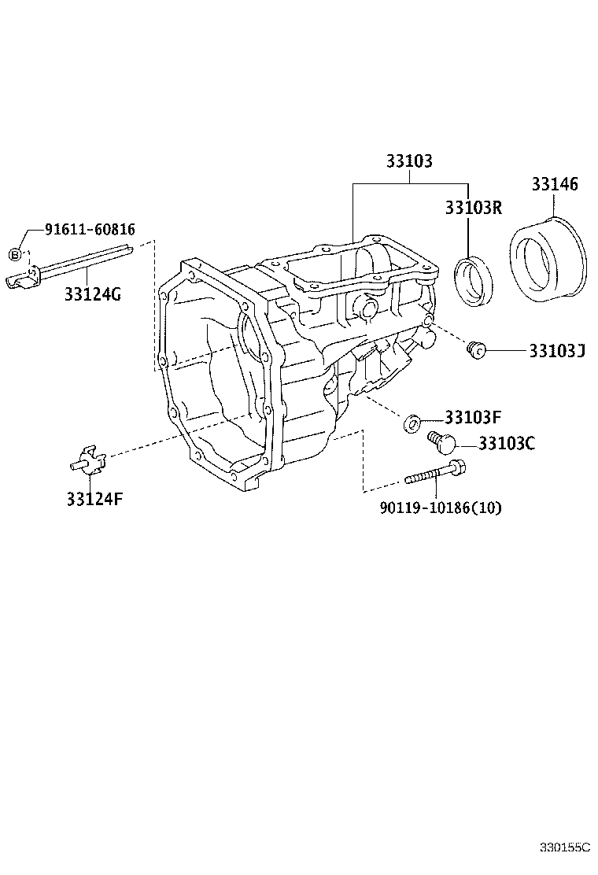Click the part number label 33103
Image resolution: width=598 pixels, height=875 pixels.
(x=408, y=161)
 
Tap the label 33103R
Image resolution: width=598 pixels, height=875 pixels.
(x=473, y=208)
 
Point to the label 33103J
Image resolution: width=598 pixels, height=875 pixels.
(x=556, y=350)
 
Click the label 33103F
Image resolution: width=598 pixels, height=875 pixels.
(x=473, y=417)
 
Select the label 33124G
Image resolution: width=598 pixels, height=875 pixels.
(x=93, y=294)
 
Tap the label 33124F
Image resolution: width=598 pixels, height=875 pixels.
(x=94, y=499)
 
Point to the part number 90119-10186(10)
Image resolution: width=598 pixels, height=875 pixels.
(x=440, y=508)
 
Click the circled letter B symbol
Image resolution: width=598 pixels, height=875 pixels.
(x=15, y=253)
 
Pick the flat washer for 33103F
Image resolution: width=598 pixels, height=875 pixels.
(x=412, y=424)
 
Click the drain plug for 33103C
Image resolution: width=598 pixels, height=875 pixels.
(x=441, y=443)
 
